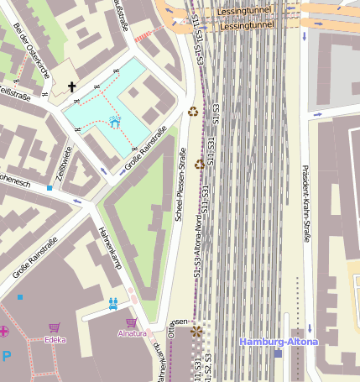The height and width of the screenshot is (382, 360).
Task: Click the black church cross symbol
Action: [72, 86]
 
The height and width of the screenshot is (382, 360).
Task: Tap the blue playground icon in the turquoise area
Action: [115, 123]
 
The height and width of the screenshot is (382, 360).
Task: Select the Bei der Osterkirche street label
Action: [30, 50]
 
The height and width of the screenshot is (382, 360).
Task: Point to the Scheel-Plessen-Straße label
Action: [180, 184]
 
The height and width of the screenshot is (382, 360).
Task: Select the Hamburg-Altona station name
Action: [279, 342]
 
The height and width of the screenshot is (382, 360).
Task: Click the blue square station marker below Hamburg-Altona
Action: [278, 353]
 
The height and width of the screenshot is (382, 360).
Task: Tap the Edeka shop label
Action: [55, 340]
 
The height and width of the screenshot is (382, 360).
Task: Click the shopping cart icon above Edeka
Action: [55, 327]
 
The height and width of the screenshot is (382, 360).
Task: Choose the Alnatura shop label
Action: [131, 334]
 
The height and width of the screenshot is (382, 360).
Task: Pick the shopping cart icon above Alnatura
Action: [131, 322]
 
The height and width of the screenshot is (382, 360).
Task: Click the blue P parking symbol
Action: [7, 355]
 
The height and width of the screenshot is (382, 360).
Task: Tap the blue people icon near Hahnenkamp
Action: [113, 303]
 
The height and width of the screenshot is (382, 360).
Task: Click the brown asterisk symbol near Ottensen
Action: [197, 332]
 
